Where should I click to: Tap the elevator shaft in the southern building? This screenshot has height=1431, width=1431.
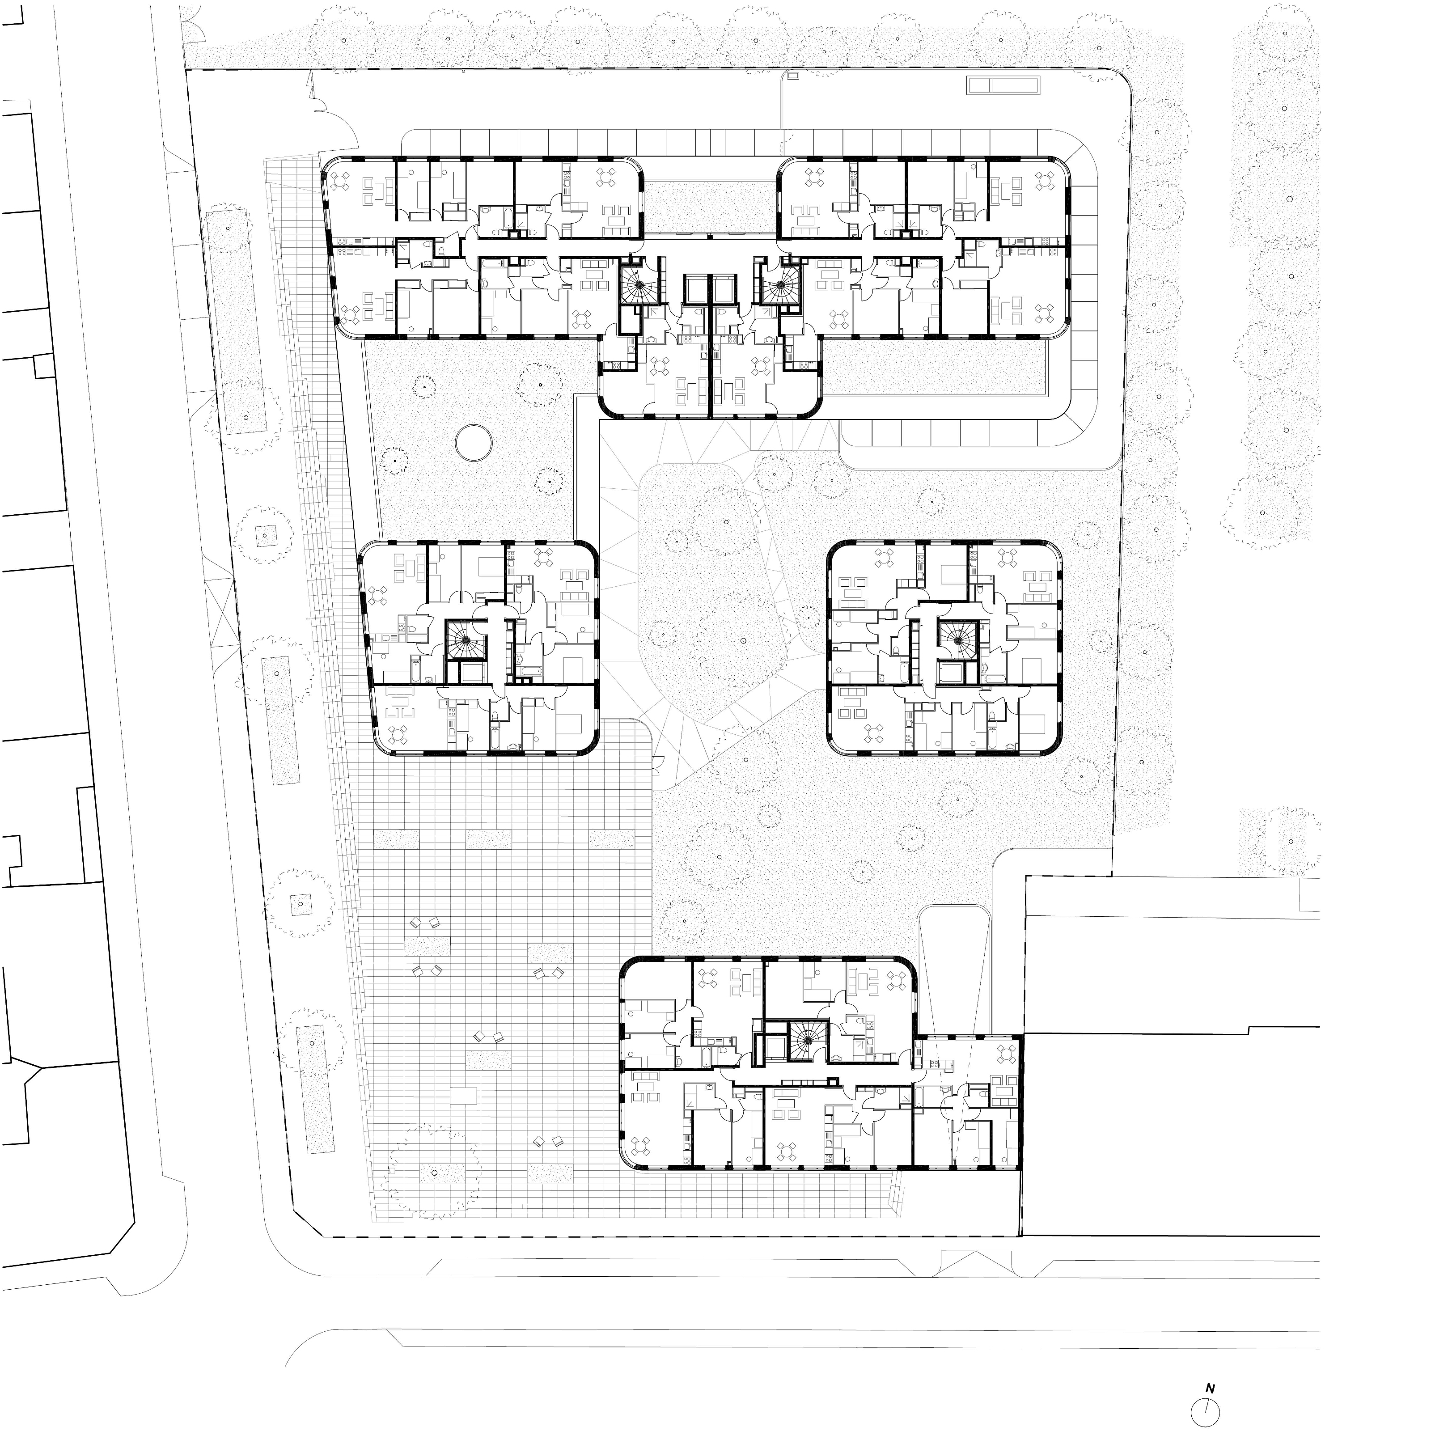pos(771,1049)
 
